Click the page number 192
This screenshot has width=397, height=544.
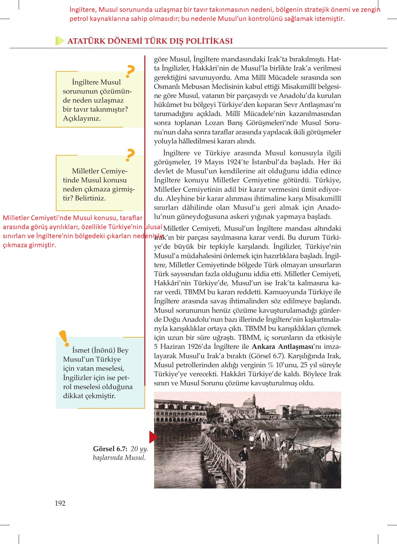click(x=60, y=503)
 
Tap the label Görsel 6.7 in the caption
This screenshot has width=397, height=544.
click(x=110, y=449)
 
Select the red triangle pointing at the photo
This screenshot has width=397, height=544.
click(x=153, y=437)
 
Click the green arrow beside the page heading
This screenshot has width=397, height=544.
click(x=59, y=41)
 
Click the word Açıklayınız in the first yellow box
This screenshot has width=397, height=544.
click(x=82, y=118)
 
